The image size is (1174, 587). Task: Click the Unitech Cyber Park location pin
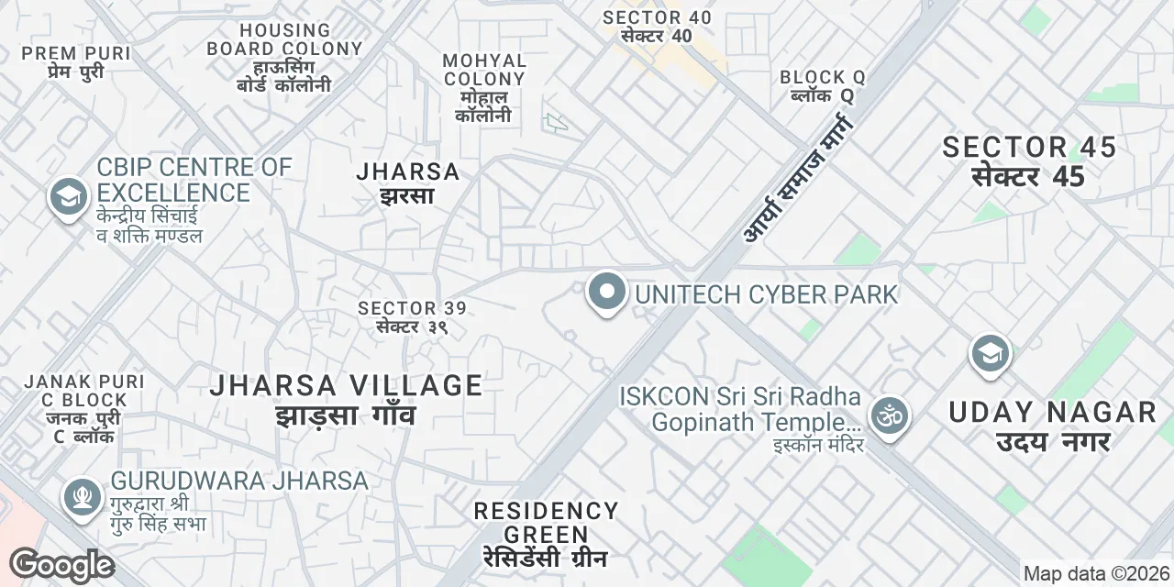point(605,293)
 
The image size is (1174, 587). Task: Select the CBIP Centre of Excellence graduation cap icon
point(68,197)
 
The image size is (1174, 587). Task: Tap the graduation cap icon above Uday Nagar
point(990,354)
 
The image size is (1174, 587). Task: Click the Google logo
point(61,565)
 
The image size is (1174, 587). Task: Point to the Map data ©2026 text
point(1097,574)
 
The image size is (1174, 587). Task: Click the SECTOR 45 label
point(1029,161)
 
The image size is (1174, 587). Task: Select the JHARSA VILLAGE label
point(346,399)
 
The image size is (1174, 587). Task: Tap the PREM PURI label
point(76,62)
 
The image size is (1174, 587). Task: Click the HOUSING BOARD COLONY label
point(284,58)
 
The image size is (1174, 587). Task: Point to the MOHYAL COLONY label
point(484,88)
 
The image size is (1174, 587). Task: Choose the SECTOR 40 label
point(657,27)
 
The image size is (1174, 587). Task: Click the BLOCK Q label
point(823,86)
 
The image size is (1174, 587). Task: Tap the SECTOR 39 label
point(412,317)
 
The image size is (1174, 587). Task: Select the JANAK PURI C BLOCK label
point(76,408)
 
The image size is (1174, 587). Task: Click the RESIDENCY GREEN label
point(547,534)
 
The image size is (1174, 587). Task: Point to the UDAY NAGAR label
point(1053,426)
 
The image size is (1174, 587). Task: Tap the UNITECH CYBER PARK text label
point(766,294)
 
